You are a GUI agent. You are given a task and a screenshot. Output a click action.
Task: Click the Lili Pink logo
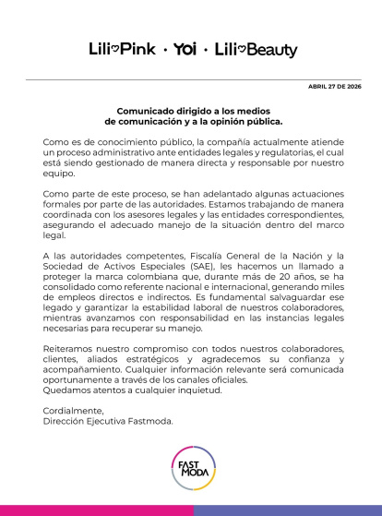point(122,49)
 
